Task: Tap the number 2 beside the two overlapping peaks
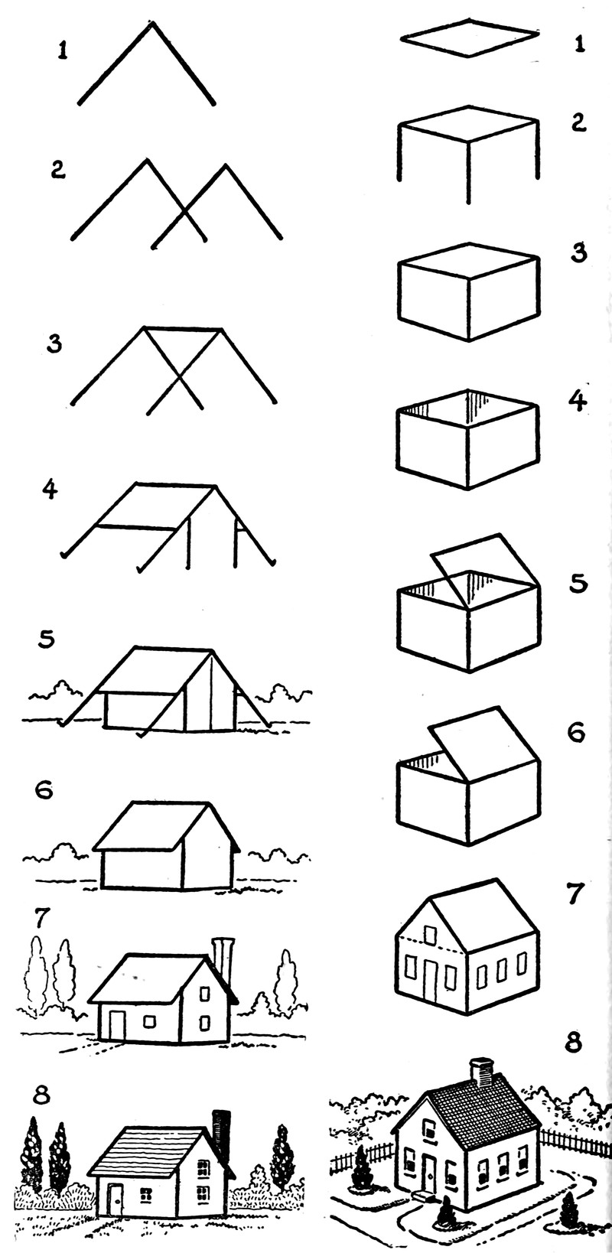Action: (x=58, y=169)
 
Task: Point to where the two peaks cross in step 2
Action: (x=184, y=212)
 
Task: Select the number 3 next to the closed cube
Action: (x=579, y=252)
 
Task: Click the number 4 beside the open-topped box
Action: (x=580, y=401)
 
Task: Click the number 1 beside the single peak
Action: (x=63, y=51)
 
